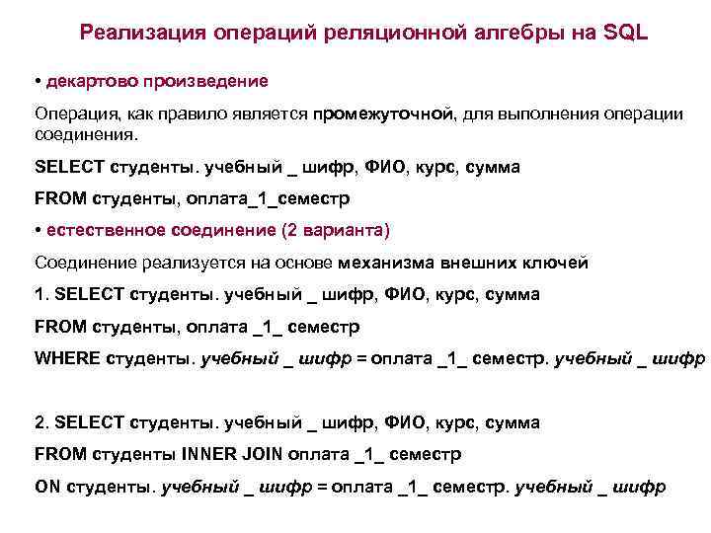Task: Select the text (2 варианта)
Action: click(336, 230)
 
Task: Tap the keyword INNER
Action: click(211, 454)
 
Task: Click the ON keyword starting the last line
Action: click(46, 487)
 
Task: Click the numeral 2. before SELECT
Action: click(40, 422)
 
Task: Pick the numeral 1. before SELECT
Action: click(40, 294)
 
